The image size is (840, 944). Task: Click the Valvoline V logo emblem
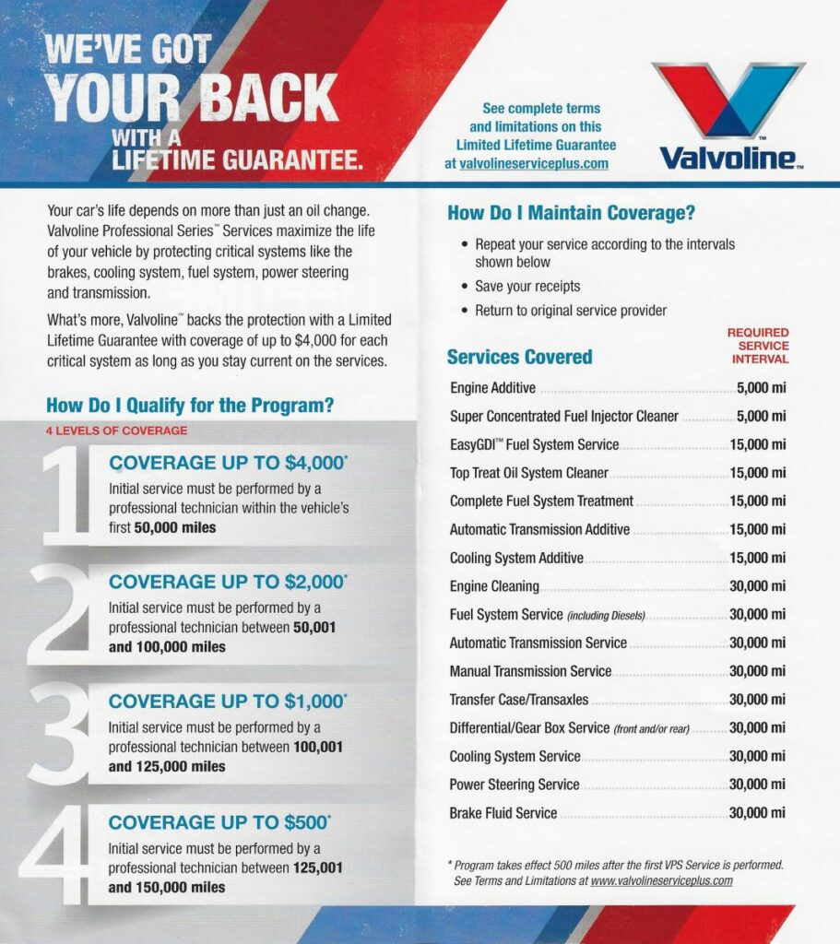click(x=728, y=99)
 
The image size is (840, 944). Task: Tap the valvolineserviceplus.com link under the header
click(x=534, y=163)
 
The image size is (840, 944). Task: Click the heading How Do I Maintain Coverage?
click(x=571, y=213)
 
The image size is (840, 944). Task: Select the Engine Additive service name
click(x=492, y=388)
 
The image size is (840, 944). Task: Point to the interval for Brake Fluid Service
click(x=757, y=813)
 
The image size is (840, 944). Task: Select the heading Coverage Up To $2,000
click(x=228, y=582)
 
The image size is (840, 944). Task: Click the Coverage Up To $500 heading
click(x=219, y=821)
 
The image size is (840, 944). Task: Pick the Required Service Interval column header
click(x=758, y=346)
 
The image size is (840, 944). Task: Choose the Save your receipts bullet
click(x=527, y=286)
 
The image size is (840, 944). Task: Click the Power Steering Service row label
click(x=514, y=785)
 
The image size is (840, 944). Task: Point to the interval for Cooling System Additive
click(x=757, y=558)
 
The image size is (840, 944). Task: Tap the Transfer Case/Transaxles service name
click(x=518, y=700)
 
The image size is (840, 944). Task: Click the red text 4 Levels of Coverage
click(x=116, y=431)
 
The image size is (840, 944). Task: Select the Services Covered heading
click(x=519, y=357)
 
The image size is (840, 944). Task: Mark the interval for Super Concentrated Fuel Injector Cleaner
click(x=761, y=416)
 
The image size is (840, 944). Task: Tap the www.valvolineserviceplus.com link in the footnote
click(x=661, y=880)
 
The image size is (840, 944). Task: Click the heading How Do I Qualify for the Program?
click(x=190, y=405)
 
